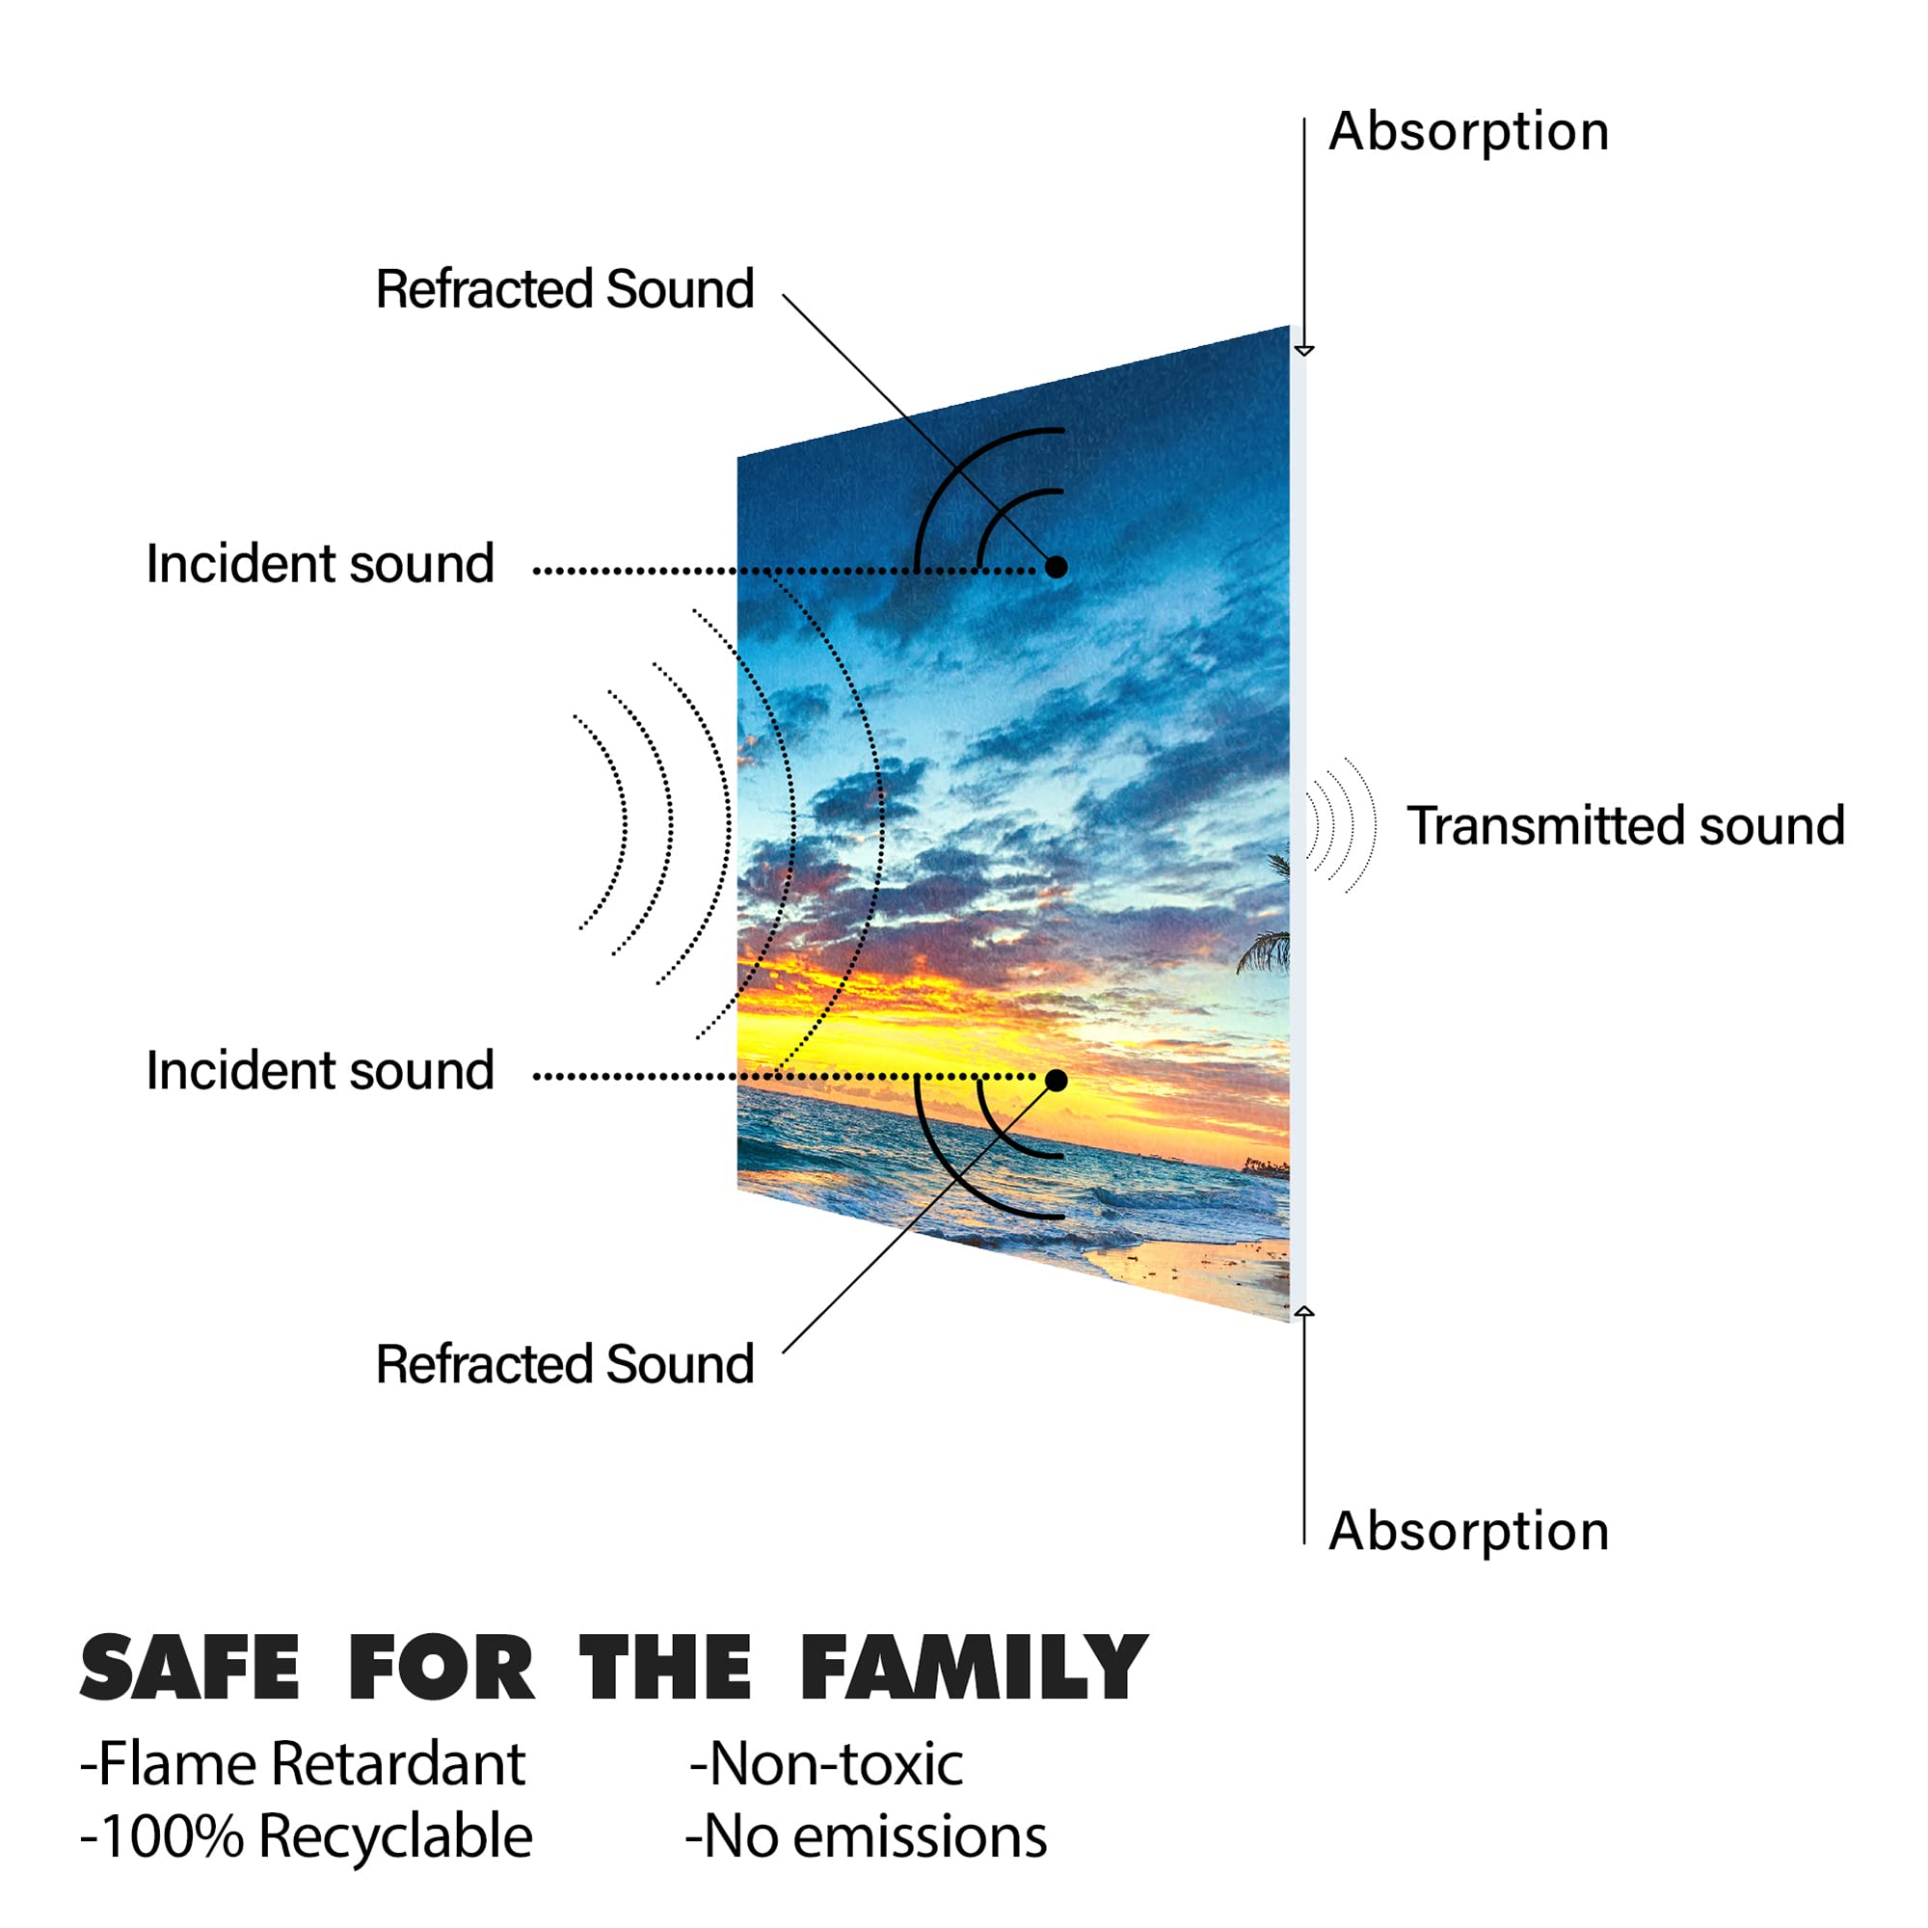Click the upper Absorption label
[x=1468, y=133]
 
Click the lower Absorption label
[x=1468, y=1532]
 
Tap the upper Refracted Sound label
[x=565, y=289]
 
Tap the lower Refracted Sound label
[x=565, y=1364]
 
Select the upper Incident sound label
[x=320, y=564]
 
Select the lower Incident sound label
[x=320, y=1071]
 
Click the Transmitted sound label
[x=1625, y=826]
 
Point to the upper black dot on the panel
[x=1056, y=567]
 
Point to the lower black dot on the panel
[x=1056, y=1080]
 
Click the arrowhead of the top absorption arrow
[x=1303, y=350]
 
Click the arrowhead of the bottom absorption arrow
[x=1303, y=1311]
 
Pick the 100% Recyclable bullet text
[x=307, y=1836]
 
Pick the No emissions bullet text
[x=867, y=1836]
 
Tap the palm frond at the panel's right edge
[x=1265, y=951]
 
